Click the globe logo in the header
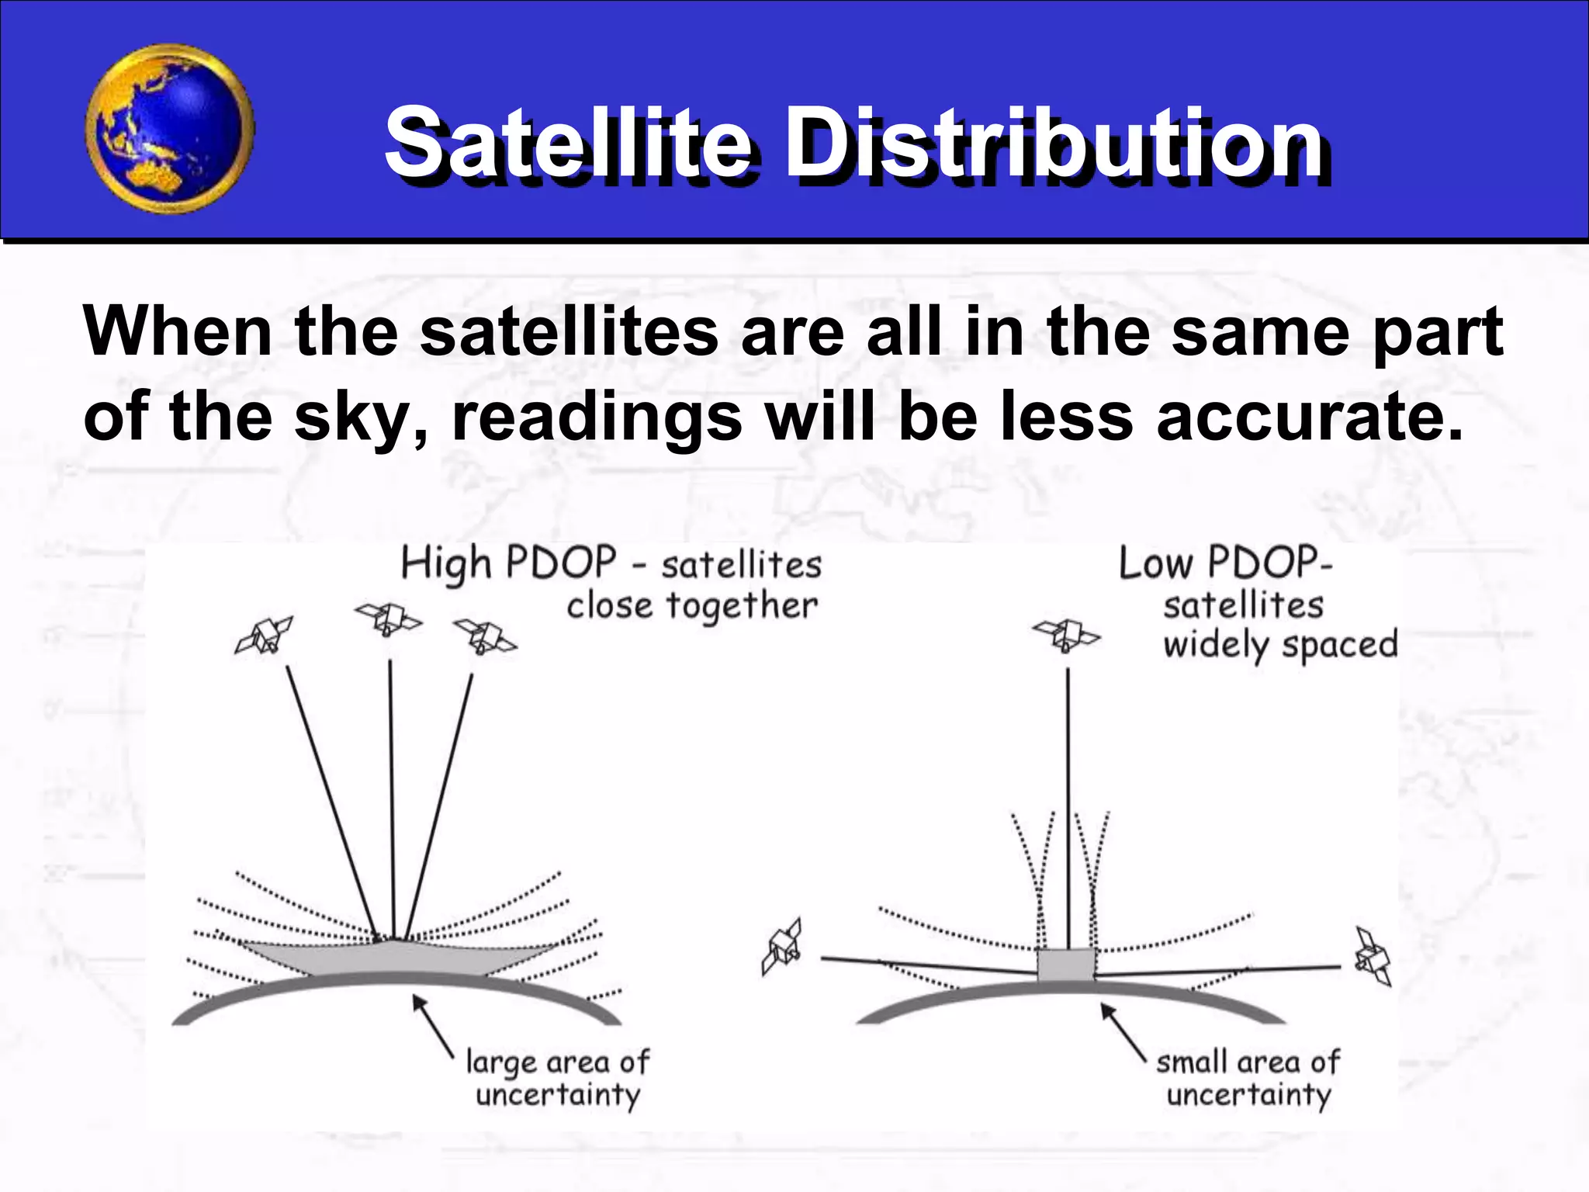coord(169,129)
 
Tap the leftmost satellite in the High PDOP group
coord(265,634)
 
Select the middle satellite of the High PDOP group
coord(388,619)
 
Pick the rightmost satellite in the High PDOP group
coord(484,635)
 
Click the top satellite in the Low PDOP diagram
coord(1066,635)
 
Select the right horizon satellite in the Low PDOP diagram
coord(1372,956)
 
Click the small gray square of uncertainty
coord(1066,965)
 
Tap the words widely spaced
coord(1280,645)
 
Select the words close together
coord(691,606)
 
